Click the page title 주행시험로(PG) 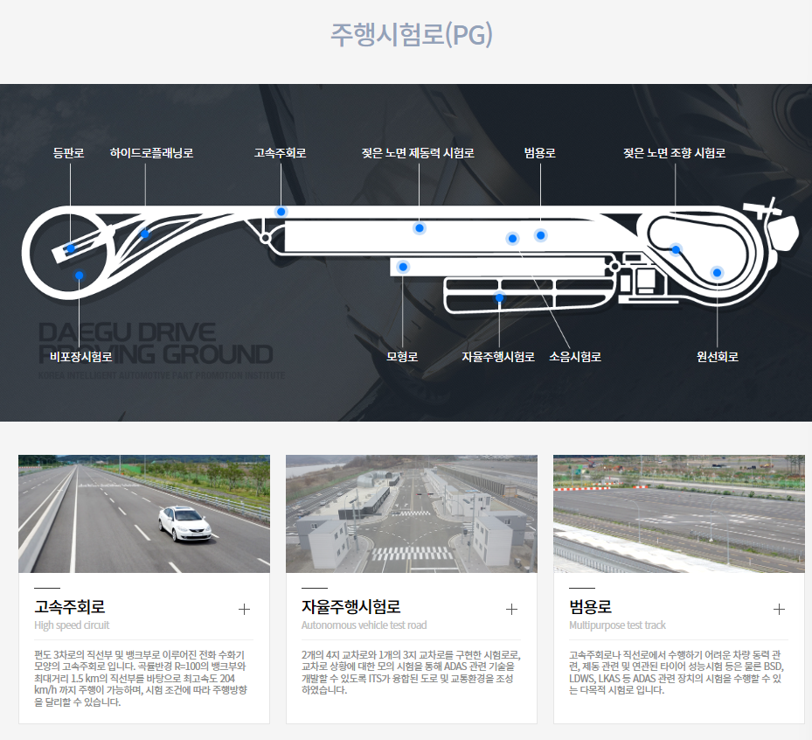(x=411, y=34)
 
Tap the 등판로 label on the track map (x=68, y=153)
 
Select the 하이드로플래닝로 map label (x=151, y=153)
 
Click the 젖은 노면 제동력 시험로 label (x=418, y=153)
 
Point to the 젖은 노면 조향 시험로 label (x=674, y=153)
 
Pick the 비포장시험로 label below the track (x=80, y=357)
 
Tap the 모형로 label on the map (x=402, y=357)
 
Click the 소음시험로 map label (x=575, y=357)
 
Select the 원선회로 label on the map (x=718, y=357)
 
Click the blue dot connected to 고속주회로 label (x=281, y=212)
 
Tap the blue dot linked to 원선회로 (x=717, y=272)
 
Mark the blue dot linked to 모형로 (x=403, y=267)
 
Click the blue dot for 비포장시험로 (x=80, y=276)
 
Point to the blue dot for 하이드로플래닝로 (x=145, y=234)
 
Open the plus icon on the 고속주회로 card (x=244, y=609)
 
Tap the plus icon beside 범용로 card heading (x=779, y=609)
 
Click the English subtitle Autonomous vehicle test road (x=364, y=625)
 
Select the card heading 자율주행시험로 (x=350, y=606)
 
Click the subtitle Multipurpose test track (x=617, y=625)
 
